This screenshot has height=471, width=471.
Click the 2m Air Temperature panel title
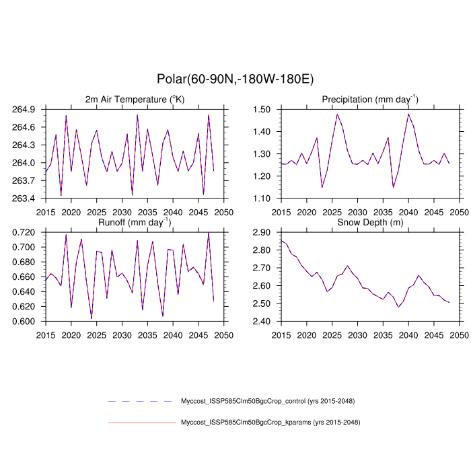135,100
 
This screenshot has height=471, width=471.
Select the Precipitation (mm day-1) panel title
370,99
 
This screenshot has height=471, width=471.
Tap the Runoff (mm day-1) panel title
135,222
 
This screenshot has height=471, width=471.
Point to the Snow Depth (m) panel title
370,223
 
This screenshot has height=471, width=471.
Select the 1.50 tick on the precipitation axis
262,109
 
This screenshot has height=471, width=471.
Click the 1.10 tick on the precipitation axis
262,198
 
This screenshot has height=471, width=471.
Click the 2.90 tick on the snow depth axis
262,232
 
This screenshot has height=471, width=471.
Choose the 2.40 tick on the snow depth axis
262,322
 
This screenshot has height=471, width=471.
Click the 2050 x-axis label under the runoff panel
224,334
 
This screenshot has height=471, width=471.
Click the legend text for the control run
267,401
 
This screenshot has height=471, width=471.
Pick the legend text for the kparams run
270,423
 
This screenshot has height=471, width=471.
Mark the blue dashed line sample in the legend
141,401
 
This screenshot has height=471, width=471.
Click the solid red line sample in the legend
141,423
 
